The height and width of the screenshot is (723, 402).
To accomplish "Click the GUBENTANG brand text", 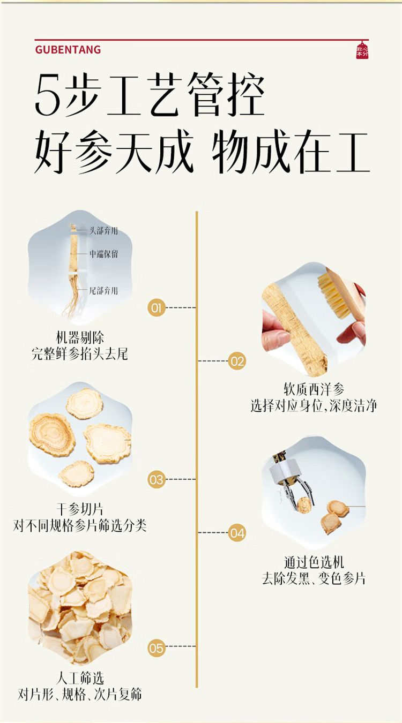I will [x=68, y=50].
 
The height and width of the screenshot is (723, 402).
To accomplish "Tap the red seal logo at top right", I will [x=363, y=50].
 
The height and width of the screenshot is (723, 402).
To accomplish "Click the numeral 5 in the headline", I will [x=47, y=97].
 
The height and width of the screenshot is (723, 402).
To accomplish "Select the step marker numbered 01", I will [x=157, y=307].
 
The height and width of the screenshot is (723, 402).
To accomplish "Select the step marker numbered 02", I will [x=237, y=361].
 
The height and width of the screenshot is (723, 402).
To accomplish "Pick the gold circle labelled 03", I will [x=157, y=479].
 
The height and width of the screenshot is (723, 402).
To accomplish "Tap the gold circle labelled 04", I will [x=237, y=533].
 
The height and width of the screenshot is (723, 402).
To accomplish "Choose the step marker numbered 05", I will [x=157, y=649].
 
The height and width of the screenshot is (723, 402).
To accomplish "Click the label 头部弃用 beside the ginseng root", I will [x=103, y=231].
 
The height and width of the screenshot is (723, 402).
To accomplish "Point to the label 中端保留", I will [x=103, y=254].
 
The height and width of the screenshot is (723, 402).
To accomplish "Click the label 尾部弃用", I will [x=103, y=291].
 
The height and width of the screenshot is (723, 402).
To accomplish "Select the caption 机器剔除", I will [x=80, y=338].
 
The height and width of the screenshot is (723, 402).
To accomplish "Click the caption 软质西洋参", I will [x=314, y=389].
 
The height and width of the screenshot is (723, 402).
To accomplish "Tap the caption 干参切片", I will [x=80, y=509].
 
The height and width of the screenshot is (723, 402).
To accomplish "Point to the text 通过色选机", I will [x=314, y=562].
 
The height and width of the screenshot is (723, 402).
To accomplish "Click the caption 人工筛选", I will [x=80, y=679].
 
